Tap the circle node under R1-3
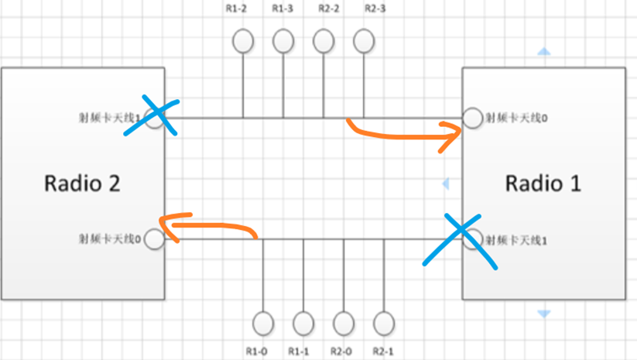coord(283,40)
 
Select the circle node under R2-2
coord(323,40)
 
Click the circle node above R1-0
coord(264,322)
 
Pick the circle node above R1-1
coord(303,322)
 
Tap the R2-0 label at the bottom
coord(343,350)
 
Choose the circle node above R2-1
coord(383,322)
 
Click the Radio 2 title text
coord(82,183)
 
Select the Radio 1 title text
coord(543,183)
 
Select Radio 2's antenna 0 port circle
coord(154,239)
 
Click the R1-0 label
coord(257,350)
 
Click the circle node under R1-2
coord(244,40)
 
